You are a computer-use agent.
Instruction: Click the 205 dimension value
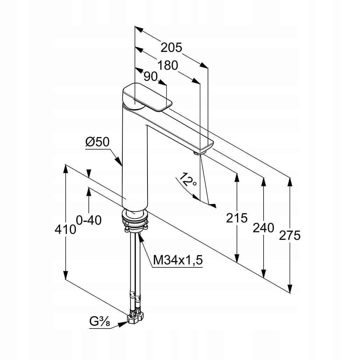172,48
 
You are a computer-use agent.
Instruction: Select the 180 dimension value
167,65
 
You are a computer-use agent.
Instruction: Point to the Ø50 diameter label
97,142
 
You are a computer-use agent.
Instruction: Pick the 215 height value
237,218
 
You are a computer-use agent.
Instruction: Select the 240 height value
263,228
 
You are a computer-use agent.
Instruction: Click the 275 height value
290,236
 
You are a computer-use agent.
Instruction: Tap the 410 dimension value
65,229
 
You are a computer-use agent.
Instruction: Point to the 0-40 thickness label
89,220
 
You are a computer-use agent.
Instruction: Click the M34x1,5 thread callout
178,260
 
